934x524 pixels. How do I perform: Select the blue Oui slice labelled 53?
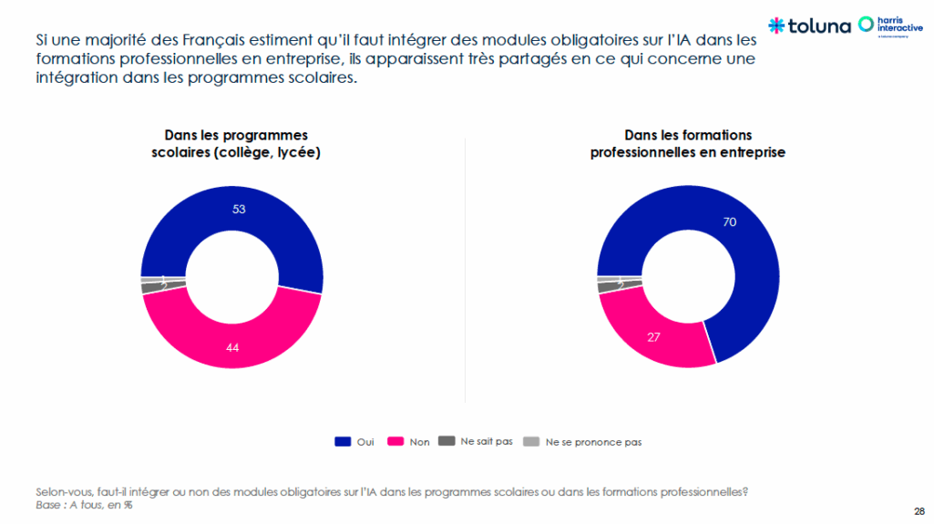pyautogui.click(x=239, y=210)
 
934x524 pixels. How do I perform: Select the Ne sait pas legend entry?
pyautogui.click(x=476, y=442)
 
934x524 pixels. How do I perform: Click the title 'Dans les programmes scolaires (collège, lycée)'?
pyautogui.click(x=235, y=144)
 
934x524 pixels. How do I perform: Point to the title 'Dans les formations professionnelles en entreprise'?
pyautogui.click(x=688, y=144)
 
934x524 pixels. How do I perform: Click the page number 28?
pyautogui.click(x=919, y=510)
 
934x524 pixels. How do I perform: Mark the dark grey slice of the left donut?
pyautogui.click(x=149, y=288)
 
